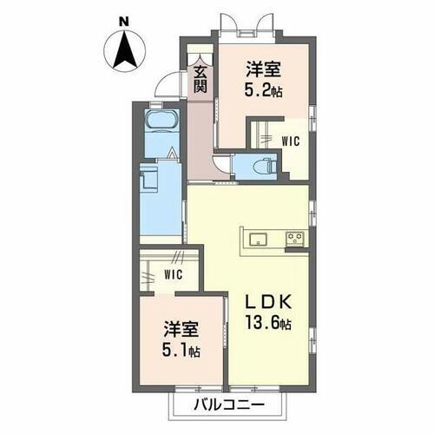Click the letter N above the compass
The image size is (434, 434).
[123, 19]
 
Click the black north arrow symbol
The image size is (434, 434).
[123, 51]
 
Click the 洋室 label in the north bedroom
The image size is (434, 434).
[262, 68]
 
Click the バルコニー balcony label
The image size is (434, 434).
[224, 405]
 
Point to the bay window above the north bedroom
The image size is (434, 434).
[248, 25]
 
